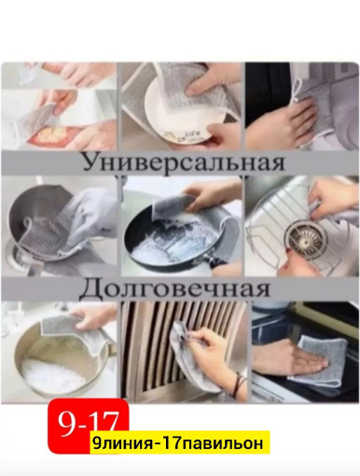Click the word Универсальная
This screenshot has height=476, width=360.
tap(181, 161)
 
